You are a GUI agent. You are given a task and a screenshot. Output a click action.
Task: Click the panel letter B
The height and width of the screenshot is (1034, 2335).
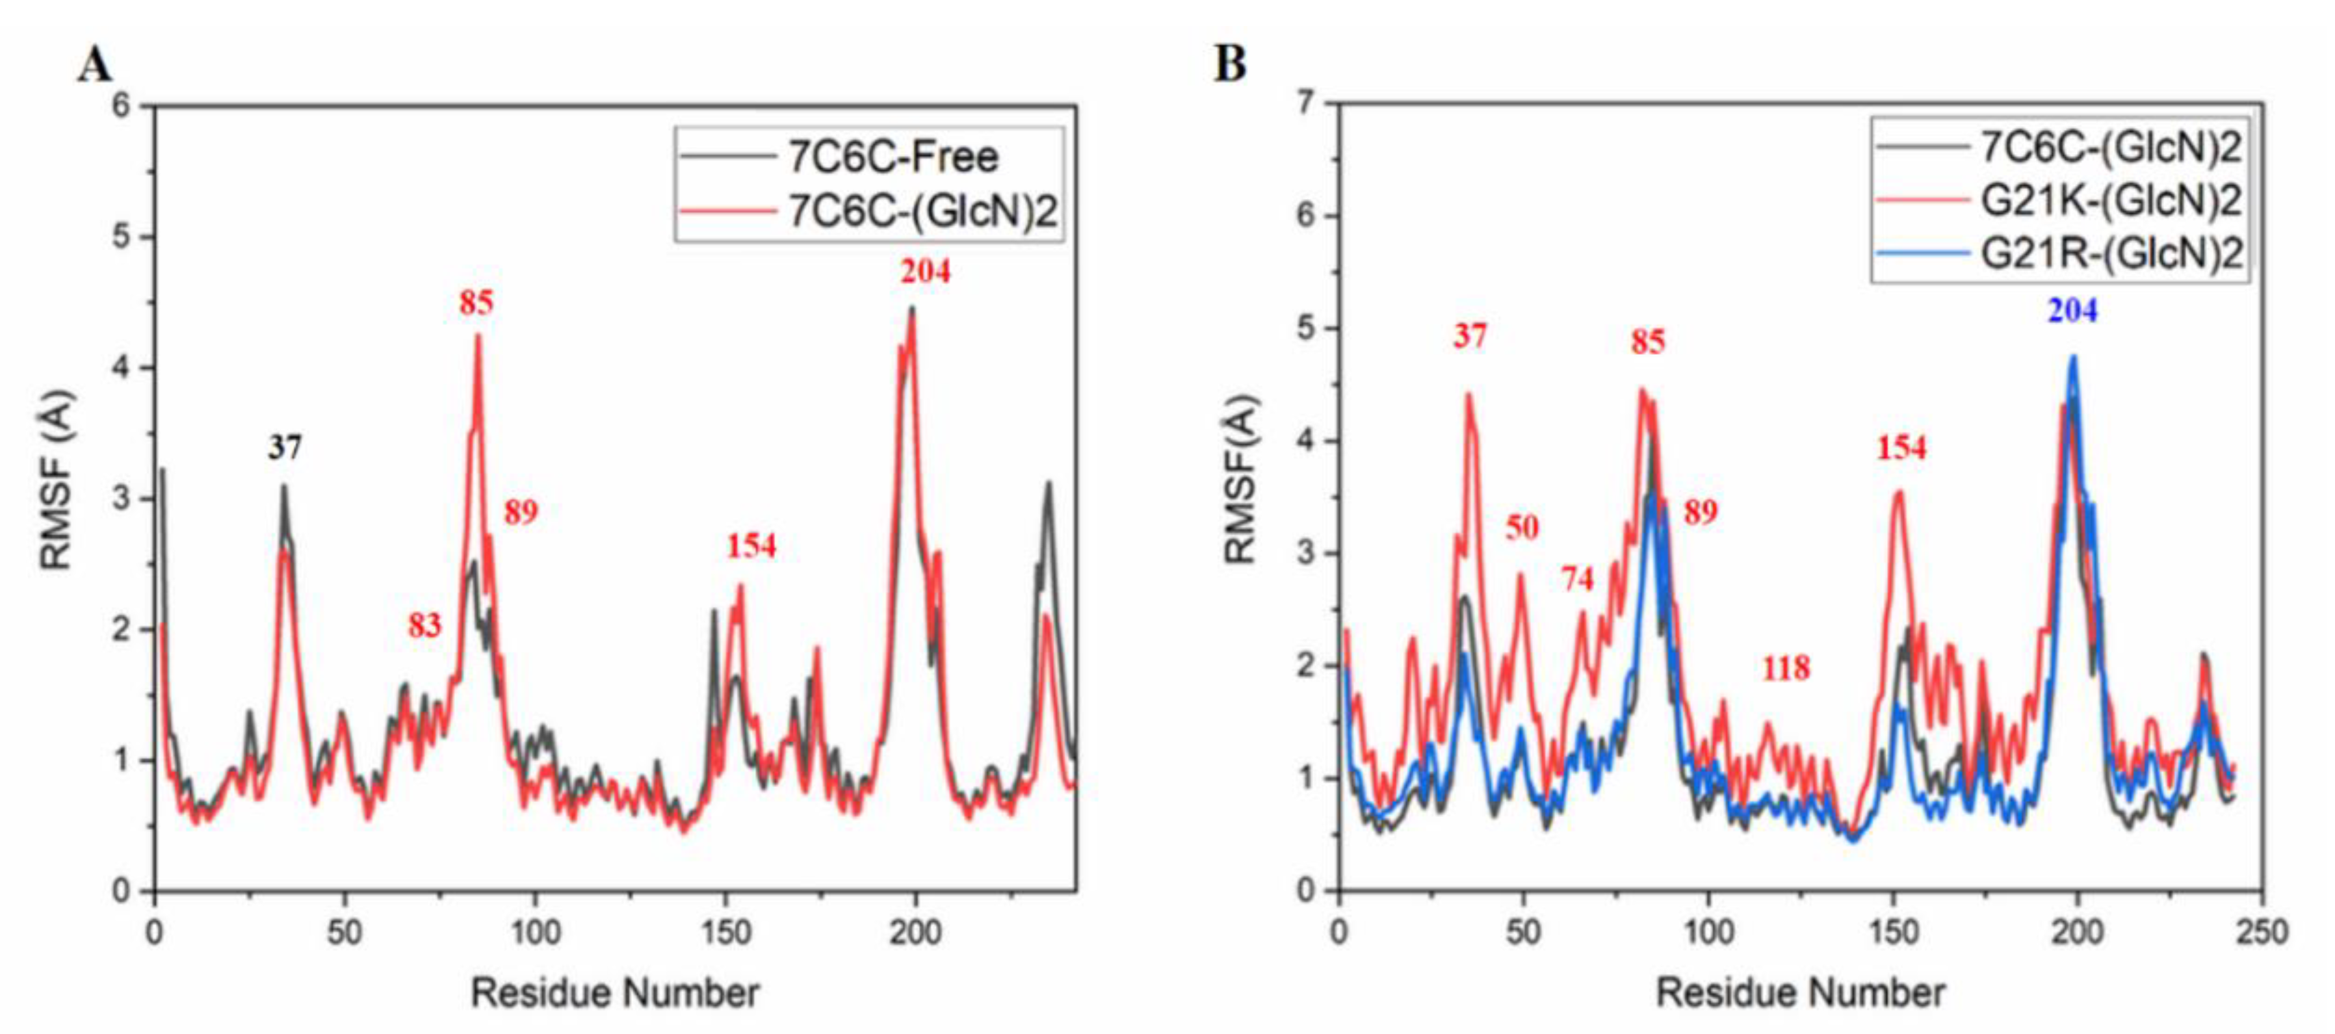(x=1230, y=64)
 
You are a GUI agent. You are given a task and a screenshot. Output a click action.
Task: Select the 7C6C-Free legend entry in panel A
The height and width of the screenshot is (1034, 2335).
(x=892, y=158)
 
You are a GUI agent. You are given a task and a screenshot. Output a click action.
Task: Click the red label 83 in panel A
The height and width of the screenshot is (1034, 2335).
(x=424, y=625)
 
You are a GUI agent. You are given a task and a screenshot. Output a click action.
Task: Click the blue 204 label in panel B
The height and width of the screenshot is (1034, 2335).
(x=2073, y=311)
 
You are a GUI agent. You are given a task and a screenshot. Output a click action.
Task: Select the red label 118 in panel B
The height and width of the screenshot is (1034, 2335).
(x=1786, y=668)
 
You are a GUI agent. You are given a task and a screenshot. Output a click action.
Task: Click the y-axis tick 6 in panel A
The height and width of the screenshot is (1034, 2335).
(x=122, y=106)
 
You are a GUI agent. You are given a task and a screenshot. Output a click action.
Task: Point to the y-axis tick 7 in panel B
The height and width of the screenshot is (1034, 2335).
(x=1305, y=103)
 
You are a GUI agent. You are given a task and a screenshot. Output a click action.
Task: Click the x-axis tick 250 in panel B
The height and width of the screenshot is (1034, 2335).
(x=2262, y=931)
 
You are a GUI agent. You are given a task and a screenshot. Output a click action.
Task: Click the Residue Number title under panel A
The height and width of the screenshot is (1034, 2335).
(x=614, y=993)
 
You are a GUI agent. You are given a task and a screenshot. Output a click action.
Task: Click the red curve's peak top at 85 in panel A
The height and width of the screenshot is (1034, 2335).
(x=478, y=335)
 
